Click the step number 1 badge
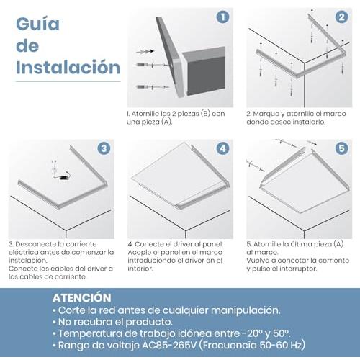coord(222,17)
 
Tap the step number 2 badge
coord(341,17)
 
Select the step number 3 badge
coord(104,148)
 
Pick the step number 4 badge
coord(222,148)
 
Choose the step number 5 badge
coord(341,148)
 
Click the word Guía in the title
coord(37,24)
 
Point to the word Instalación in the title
coord(68,68)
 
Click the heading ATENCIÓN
coord(81,298)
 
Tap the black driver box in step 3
coord(64,177)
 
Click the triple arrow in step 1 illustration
coord(145,51)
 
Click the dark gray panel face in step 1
coord(207,75)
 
